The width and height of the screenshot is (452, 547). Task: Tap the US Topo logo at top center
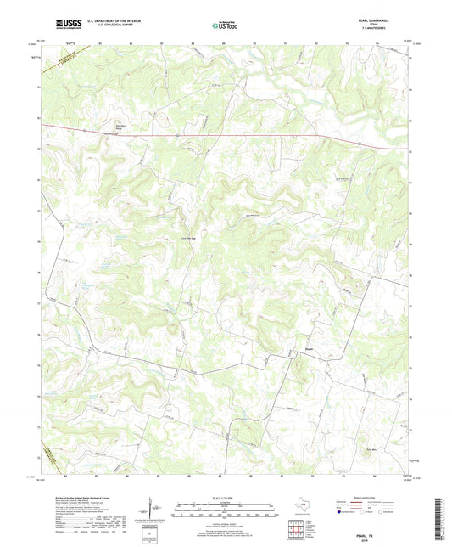pos(225,25)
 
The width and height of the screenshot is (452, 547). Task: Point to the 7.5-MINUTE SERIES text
pos(380,30)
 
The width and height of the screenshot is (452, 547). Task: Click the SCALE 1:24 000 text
pos(226,498)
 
